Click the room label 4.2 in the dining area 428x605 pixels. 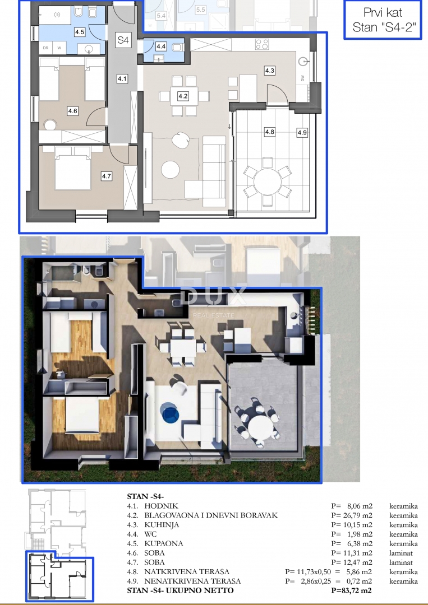183,96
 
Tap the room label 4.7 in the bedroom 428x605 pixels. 107,176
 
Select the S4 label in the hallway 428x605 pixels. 122,40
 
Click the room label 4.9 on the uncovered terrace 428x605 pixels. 302,133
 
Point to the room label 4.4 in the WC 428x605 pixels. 161,46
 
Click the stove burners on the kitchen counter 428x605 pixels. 261,43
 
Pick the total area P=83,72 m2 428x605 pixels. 352,590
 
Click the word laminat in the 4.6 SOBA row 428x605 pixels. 402,553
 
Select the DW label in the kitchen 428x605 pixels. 303,78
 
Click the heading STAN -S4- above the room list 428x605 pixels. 146,496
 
